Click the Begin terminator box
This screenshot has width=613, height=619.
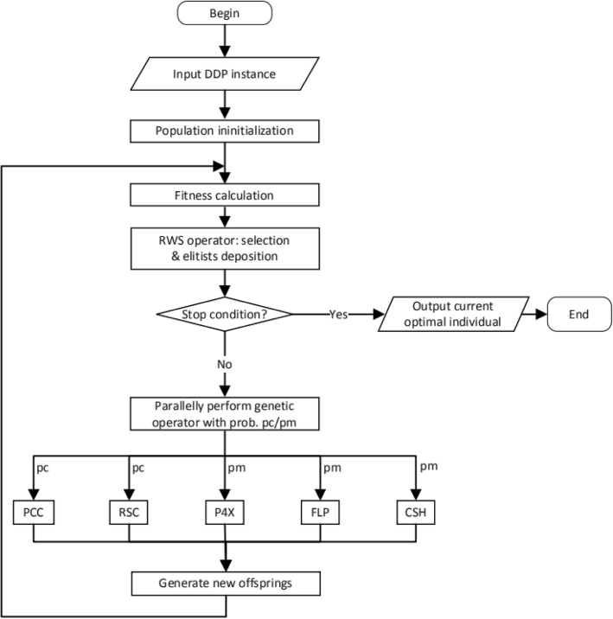[225, 13]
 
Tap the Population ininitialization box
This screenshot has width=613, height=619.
[225, 131]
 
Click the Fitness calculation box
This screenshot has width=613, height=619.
[225, 195]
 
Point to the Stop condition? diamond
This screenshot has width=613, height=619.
[225, 314]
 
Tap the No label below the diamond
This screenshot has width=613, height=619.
[225, 365]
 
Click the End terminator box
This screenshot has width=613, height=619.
[579, 314]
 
